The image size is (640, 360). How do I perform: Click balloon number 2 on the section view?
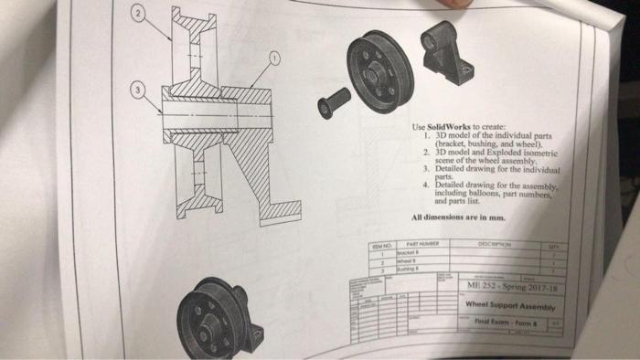click(x=136, y=16)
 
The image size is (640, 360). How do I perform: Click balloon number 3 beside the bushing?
click(x=137, y=91)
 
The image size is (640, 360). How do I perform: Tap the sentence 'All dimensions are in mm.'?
click(x=458, y=217)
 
